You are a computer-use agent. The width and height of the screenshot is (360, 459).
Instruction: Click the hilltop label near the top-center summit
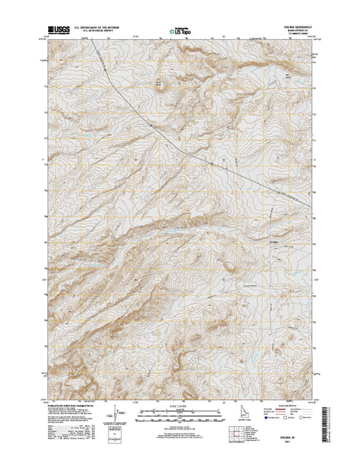(x=161, y=77)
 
